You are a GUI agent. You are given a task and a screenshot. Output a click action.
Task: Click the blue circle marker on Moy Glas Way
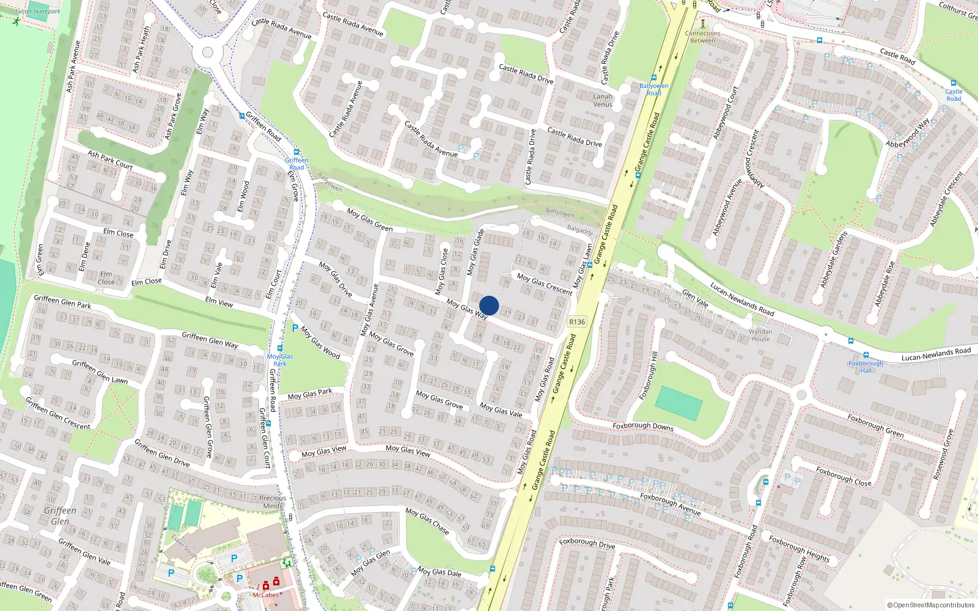[489, 305]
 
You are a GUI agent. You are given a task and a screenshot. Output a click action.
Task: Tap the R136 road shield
[576, 322]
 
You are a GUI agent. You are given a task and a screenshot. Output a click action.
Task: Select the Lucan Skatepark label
[38, 11]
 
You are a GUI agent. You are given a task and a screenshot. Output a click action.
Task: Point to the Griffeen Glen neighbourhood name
[60, 516]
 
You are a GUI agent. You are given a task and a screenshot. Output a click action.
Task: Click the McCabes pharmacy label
[266, 595]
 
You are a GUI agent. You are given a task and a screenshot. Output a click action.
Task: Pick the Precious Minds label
[273, 502]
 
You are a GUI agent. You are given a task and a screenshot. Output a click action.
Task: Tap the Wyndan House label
[760, 335]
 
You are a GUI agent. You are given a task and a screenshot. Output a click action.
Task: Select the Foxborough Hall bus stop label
[866, 367]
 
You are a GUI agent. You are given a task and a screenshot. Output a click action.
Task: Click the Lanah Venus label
[603, 100]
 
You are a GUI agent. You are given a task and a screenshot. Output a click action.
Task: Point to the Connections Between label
[702, 37]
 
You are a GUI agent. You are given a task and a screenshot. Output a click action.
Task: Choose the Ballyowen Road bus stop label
[653, 89]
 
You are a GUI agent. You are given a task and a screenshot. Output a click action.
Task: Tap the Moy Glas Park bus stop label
[280, 360]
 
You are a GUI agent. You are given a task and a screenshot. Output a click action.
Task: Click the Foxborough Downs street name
[643, 426]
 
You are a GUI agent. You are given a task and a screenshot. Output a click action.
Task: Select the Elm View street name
[219, 302]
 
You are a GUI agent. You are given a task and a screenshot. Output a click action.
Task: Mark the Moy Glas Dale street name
[439, 573]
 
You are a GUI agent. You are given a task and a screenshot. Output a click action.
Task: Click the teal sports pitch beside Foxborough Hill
[678, 403]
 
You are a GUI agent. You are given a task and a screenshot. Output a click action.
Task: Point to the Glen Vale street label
[695, 298]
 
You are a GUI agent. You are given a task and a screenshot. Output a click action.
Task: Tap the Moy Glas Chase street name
[427, 521]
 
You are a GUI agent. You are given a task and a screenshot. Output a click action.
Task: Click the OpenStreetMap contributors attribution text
[930, 605]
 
